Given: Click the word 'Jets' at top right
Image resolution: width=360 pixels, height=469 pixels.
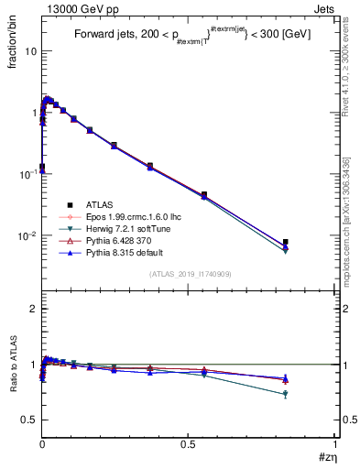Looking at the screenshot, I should click(324, 7).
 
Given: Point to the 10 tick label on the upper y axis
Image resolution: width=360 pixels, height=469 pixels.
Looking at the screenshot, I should click(30, 51).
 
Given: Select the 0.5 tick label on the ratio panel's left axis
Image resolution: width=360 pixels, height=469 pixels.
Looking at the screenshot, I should click(29, 420).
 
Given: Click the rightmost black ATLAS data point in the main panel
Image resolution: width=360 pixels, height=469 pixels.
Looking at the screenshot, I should click(286, 242).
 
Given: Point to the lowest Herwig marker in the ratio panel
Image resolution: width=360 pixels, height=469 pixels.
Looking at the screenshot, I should click(286, 395).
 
